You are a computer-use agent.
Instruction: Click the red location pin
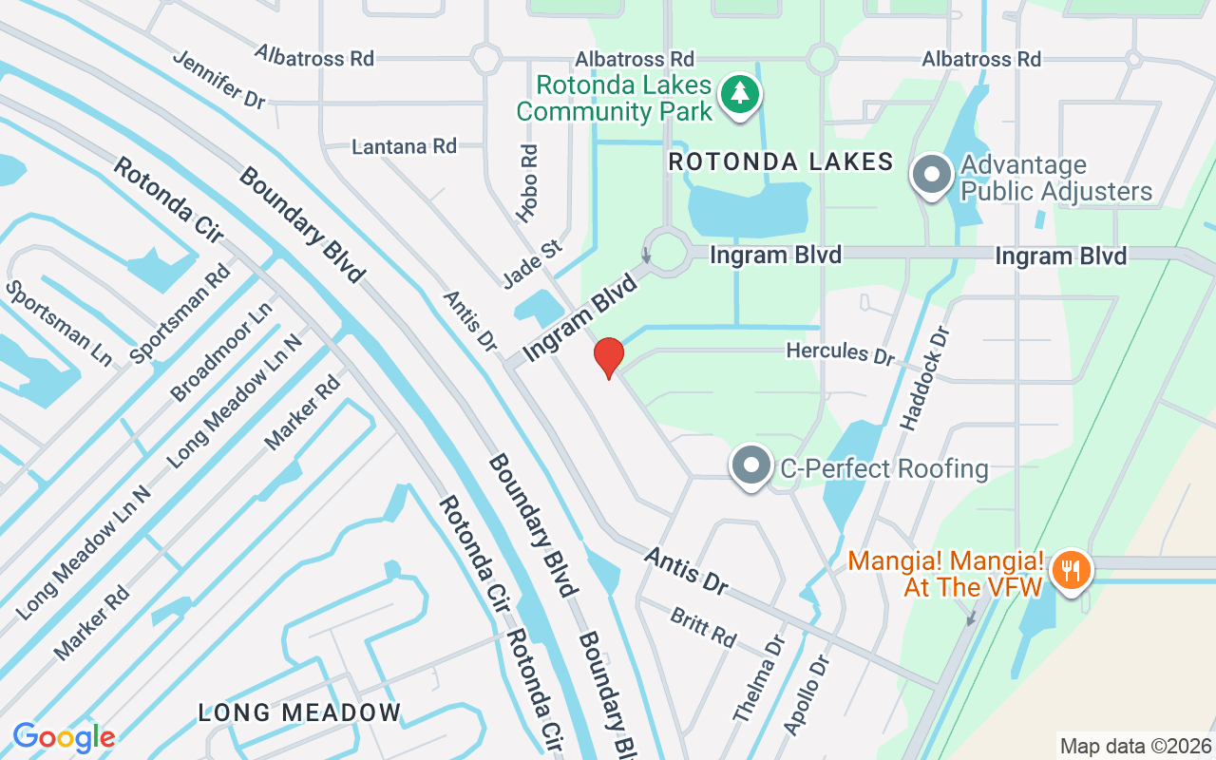(x=608, y=357)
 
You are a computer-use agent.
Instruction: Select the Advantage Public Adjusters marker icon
(x=932, y=176)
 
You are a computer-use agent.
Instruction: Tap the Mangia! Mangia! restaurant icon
(x=1072, y=570)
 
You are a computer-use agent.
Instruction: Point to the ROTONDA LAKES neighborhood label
(x=781, y=162)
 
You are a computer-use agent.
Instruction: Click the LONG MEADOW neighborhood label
(x=299, y=712)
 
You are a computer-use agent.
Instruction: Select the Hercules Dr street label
(x=840, y=352)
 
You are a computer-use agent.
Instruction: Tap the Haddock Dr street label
(x=924, y=380)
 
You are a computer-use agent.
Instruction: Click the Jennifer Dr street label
(x=218, y=78)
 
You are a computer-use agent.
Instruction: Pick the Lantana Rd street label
(x=404, y=146)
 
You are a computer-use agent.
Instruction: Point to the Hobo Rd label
(x=528, y=183)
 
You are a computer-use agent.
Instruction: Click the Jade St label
(x=533, y=263)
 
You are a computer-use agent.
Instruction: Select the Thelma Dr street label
(x=761, y=679)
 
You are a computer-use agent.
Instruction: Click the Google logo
(x=64, y=737)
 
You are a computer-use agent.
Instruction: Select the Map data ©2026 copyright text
(x=1135, y=746)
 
